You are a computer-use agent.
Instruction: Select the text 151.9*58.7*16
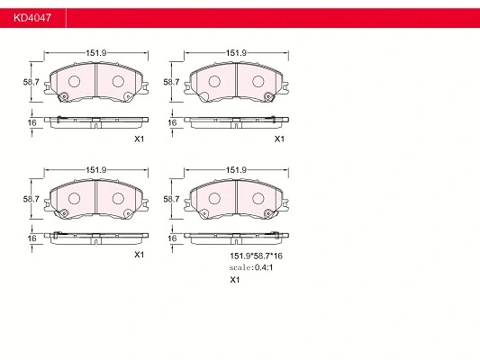[255, 256]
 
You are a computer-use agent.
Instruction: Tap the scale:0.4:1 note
[252, 267]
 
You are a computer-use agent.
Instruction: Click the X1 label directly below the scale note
[235, 280]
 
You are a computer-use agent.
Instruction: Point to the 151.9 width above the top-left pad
[96, 53]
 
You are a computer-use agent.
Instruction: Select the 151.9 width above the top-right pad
[236, 53]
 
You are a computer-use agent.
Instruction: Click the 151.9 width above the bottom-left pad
[96, 170]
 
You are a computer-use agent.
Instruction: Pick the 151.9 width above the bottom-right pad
[236, 170]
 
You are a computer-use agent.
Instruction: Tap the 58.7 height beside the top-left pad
[30, 82]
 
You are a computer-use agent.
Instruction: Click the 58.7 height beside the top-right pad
[169, 82]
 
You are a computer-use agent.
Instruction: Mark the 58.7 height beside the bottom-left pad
[30, 199]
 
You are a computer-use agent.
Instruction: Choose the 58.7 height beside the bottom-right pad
[169, 199]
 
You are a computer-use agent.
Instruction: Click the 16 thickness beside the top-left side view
[31, 121]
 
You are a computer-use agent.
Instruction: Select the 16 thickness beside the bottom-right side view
[170, 238]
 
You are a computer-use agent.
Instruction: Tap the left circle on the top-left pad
[75, 82]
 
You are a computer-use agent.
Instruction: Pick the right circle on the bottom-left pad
[118, 198]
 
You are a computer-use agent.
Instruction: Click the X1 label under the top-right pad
[279, 139]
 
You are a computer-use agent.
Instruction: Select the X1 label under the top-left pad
[140, 139]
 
